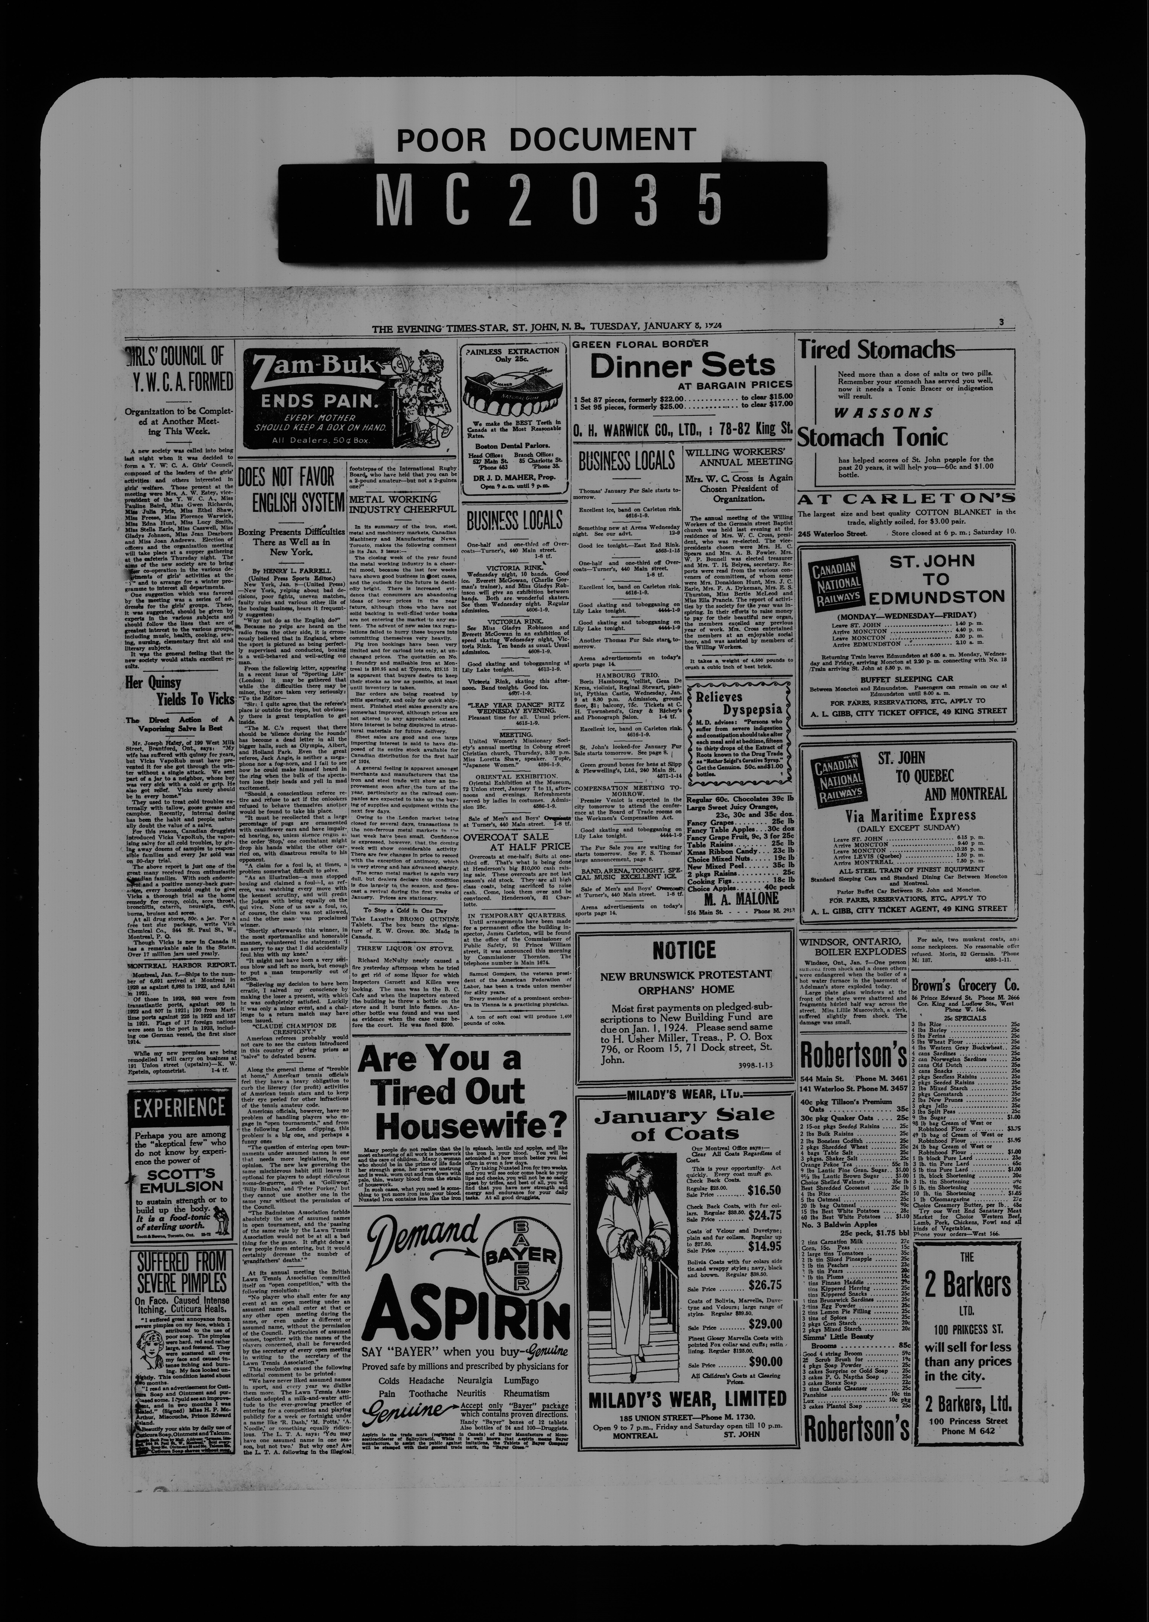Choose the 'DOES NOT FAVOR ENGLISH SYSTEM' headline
pos(291,490)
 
